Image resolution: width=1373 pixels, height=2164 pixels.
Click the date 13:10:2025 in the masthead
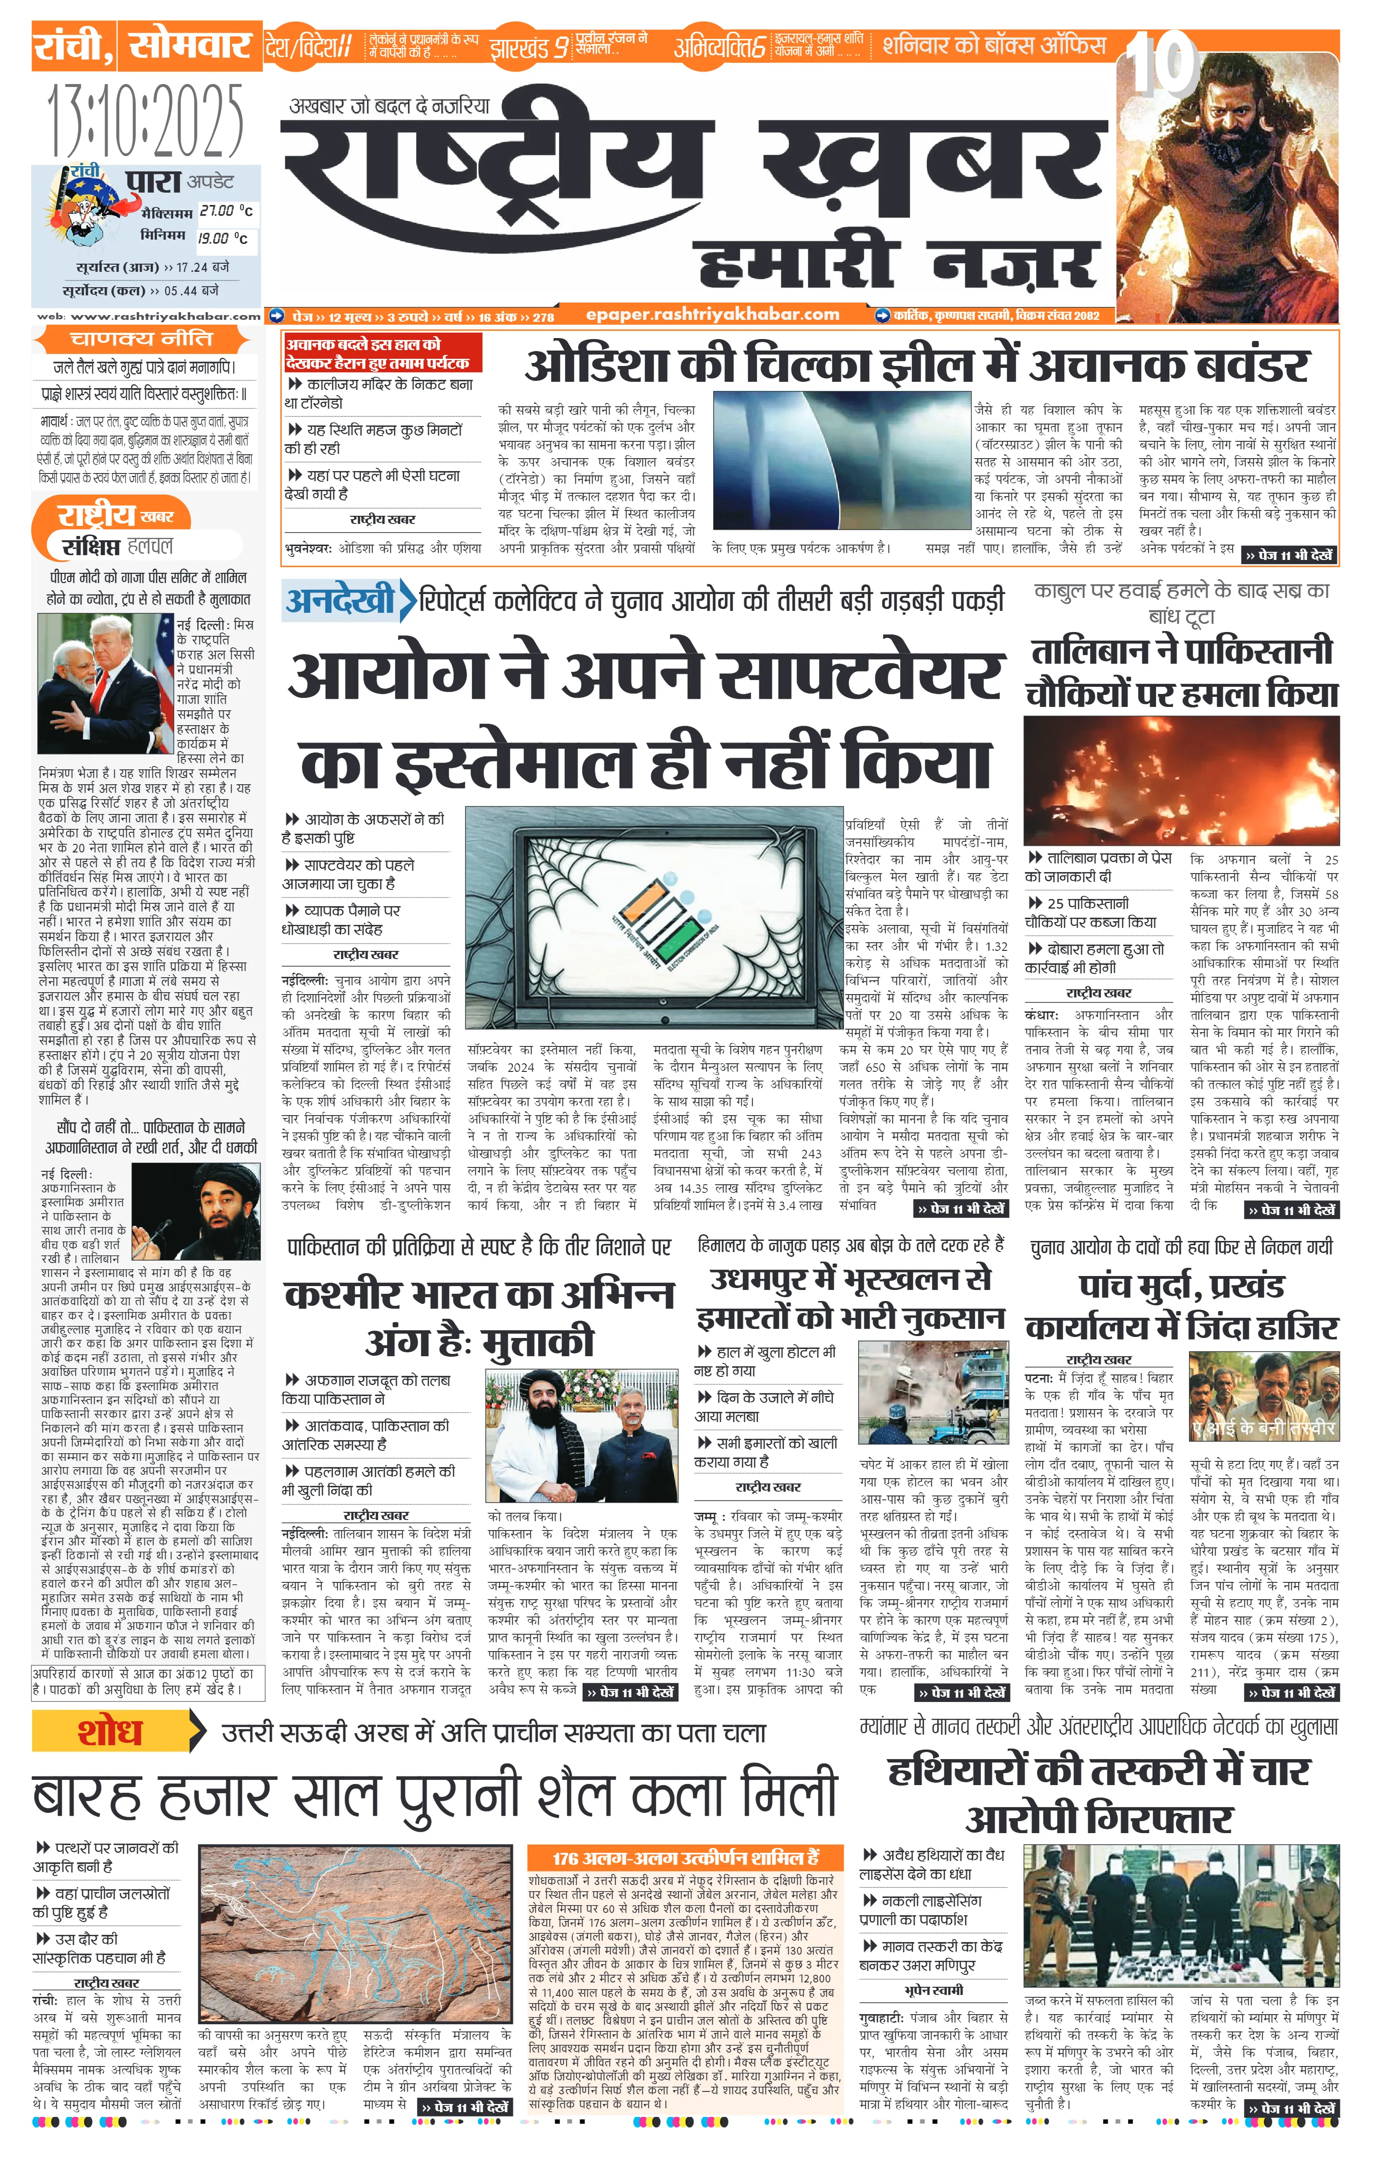click(x=146, y=122)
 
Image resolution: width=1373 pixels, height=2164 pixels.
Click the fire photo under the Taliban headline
click(x=1181, y=780)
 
